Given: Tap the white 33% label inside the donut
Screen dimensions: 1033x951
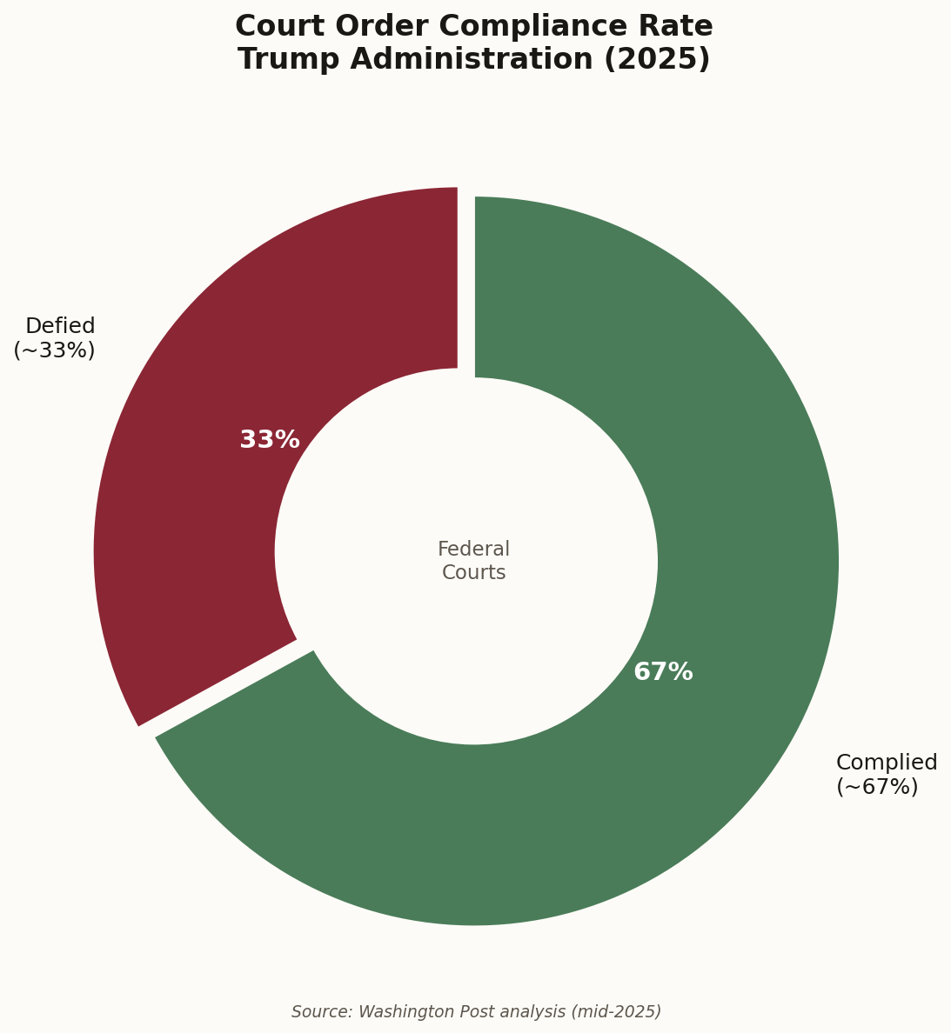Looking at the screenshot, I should click(269, 440).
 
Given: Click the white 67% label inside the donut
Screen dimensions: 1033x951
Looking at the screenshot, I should click(663, 672).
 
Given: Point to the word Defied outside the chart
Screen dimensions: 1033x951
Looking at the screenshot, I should click(60, 326).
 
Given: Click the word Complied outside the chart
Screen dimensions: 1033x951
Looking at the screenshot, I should click(886, 763).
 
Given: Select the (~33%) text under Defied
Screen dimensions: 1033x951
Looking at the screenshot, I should click(54, 350).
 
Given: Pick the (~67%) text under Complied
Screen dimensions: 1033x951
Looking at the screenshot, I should click(876, 787).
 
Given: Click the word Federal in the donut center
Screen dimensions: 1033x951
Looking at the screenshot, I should click(473, 550).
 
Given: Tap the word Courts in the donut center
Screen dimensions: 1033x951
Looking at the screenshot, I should click(473, 572).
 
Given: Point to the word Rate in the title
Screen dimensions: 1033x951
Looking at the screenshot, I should click(680, 27).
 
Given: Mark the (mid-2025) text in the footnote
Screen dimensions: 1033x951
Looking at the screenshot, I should click(615, 1012).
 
